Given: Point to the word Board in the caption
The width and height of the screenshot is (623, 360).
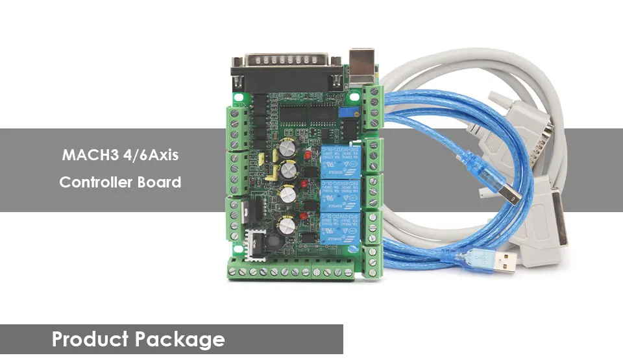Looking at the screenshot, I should pyautogui.click(x=159, y=182).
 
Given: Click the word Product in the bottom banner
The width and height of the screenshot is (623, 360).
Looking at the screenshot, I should pyautogui.click(x=92, y=339).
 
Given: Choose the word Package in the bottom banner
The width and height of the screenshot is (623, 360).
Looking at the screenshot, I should pyautogui.click(x=182, y=339).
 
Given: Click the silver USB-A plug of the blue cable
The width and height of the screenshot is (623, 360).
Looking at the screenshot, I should pyautogui.click(x=503, y=261).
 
